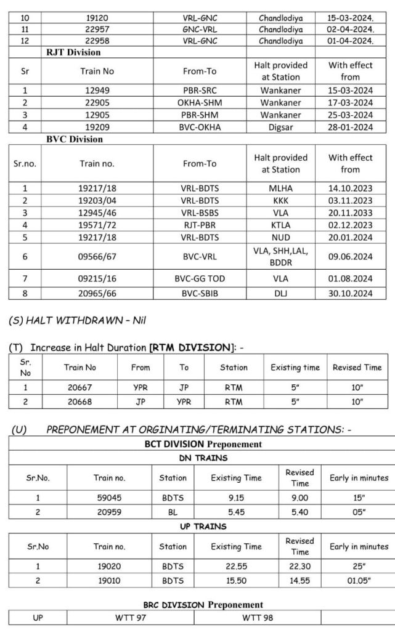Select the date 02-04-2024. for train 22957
click(350, 30)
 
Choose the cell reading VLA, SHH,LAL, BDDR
click(280, 256)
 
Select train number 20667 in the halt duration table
click(81, 389)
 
